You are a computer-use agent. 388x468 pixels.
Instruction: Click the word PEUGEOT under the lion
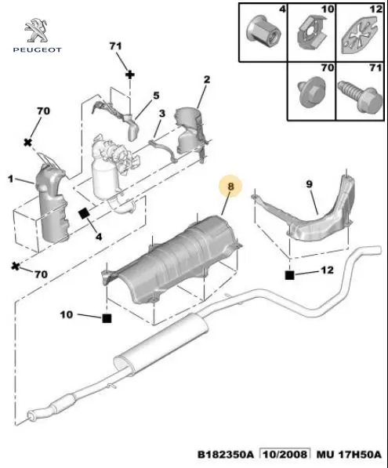38,50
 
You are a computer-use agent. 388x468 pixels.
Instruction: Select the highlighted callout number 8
230,187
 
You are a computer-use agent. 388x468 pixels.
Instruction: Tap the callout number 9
309,184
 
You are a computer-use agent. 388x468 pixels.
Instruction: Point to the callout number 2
207,79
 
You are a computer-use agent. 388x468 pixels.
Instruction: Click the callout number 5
156,96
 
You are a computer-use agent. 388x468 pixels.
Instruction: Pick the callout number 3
162,114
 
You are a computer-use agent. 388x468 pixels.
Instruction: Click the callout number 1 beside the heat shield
11,179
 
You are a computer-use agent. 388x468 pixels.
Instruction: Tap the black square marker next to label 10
107,318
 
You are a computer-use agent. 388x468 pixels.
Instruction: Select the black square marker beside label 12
290,275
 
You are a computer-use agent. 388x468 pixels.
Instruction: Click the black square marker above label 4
84,213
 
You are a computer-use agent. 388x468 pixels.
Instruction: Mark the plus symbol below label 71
130,74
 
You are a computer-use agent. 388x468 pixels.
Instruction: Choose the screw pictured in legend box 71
361,95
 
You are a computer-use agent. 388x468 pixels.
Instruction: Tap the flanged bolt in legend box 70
310,93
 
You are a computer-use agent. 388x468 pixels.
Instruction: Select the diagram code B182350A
225,454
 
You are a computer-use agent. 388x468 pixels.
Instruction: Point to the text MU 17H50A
349,454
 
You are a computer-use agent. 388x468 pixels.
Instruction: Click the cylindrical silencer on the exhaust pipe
161,342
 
